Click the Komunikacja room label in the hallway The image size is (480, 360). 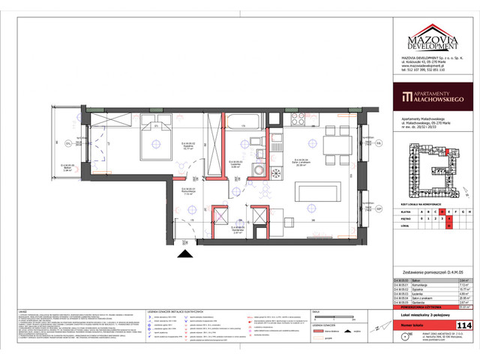point(189,190)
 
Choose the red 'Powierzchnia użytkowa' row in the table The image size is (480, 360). point(423,305)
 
